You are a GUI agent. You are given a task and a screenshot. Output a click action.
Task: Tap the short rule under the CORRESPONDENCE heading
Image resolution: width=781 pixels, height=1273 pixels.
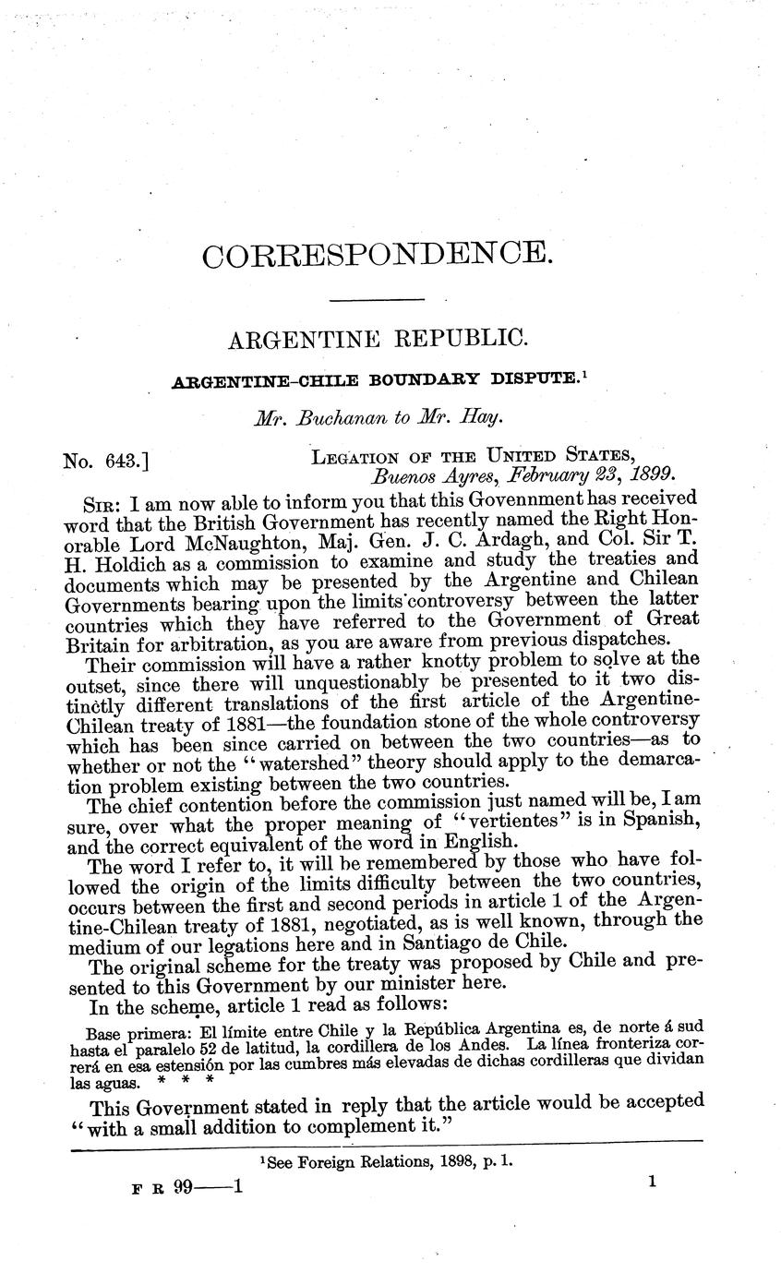[378, 300]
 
